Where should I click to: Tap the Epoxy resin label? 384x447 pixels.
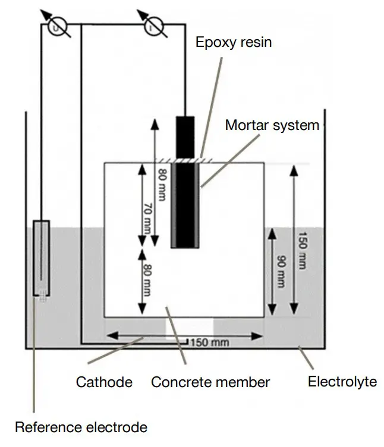click(x=234, y=43)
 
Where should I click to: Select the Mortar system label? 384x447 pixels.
click(x=272, y=125)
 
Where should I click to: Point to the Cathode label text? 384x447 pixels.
click(x=104, y=381)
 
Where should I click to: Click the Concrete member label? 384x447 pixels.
click(x=210, y=382)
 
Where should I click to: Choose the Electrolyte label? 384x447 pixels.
click(x=342, y=381)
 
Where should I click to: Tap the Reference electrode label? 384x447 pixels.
click(x=80, y=426)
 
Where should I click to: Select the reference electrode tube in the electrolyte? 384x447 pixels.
click(x=41, y=258)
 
